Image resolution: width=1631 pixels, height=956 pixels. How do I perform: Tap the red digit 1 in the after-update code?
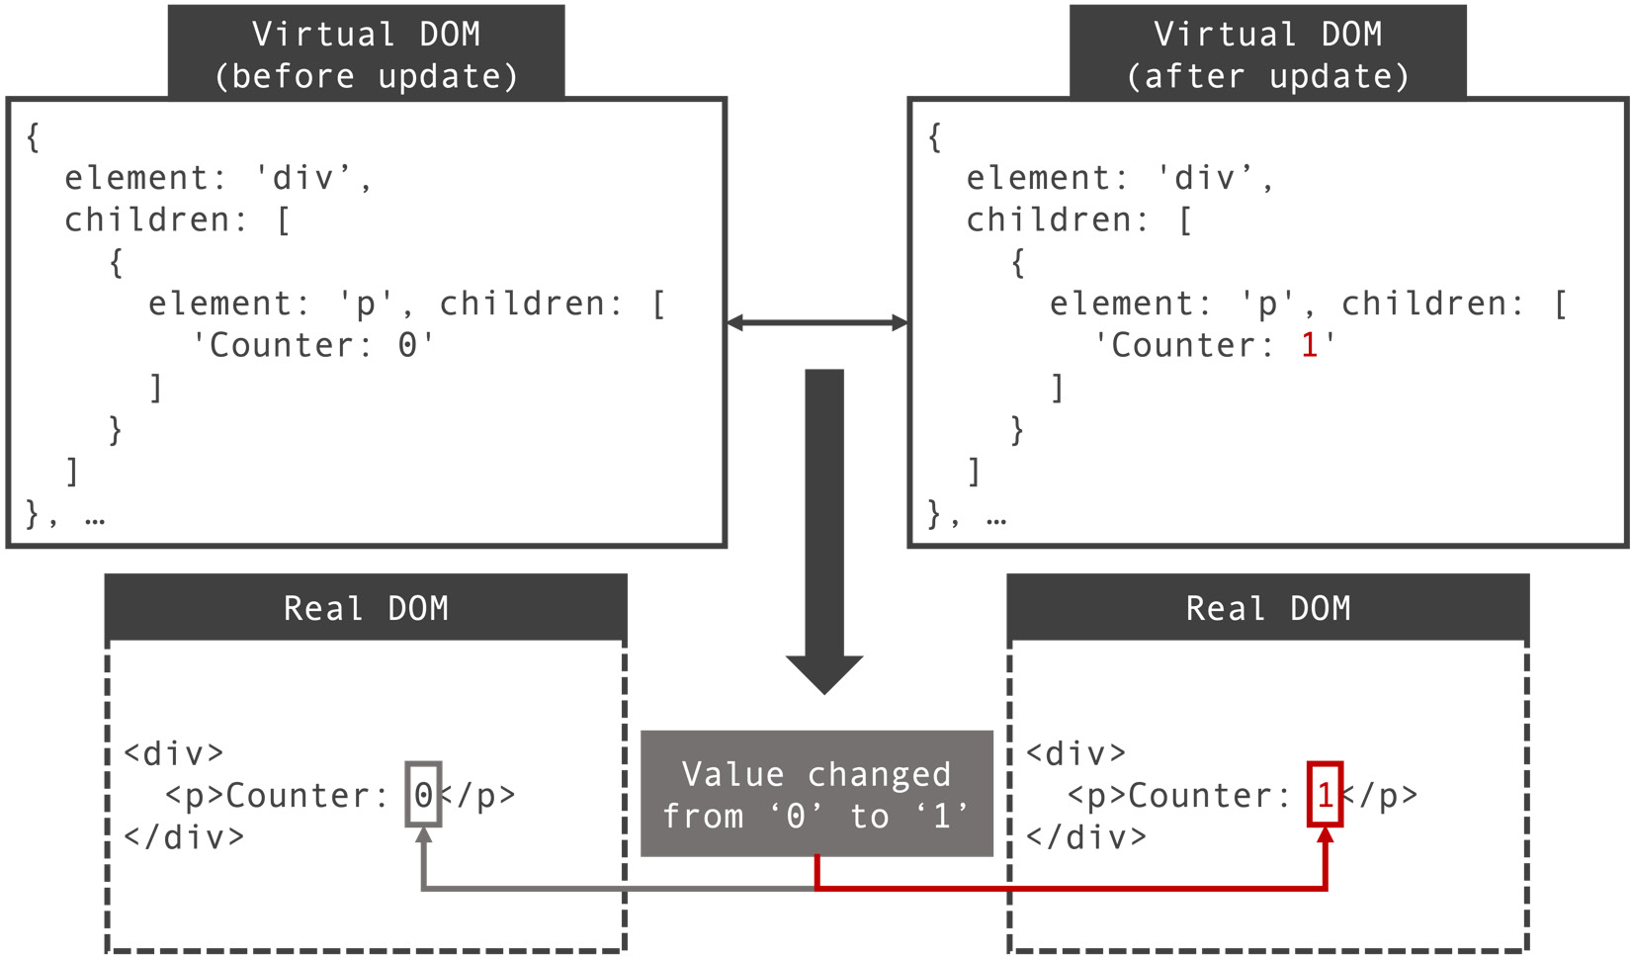coord(1310,345)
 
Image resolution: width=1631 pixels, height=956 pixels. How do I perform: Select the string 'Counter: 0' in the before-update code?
coord(312,345)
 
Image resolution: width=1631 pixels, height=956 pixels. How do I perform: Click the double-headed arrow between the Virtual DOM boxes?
coord(816,322)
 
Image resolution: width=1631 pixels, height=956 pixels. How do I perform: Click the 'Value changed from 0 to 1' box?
coord(816,794)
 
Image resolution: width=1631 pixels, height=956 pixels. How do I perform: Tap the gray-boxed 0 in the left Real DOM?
coord(423,795)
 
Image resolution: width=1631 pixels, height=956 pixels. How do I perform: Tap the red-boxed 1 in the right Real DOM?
coord(1325,795)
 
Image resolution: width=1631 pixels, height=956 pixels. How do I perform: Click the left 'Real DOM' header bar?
coord(366,608)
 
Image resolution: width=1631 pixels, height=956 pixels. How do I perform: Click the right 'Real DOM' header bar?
coord(1267,608)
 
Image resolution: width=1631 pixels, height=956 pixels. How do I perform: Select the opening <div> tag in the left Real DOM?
coord(174,754)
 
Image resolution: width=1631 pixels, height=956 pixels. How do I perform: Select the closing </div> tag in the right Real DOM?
coord(1086,837)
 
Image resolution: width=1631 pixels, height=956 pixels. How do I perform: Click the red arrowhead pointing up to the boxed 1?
coord(1325,836)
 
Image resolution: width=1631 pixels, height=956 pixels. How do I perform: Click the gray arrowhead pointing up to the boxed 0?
coord(423,836)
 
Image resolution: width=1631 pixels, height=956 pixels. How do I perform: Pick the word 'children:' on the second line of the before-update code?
coord(155,219)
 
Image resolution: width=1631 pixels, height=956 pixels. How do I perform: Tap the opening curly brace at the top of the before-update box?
coord(33,136)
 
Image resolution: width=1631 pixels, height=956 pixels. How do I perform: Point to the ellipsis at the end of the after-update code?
coord(996,517)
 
